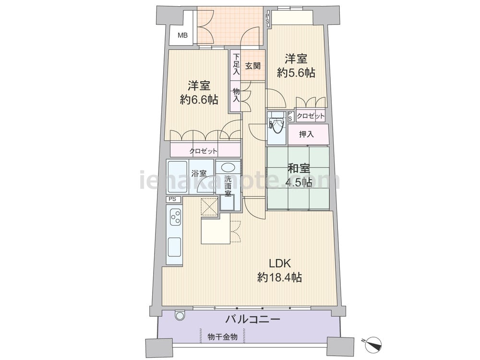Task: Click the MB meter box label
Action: click(x=183, y=36)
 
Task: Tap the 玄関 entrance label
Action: click(x=253, y=65)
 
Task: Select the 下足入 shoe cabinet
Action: click(x=236, y=65)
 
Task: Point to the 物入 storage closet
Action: click(x=236, y=96)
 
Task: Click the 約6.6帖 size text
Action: click(x=199, y=99)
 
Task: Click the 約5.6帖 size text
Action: click(x=296, y=73)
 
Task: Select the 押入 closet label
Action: click(x=306, y=134)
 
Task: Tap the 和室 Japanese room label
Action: click(x=299, y=168)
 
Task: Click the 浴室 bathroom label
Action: click(x=199, y=173)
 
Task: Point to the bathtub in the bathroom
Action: click(x=178, y=177)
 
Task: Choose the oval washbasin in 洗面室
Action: click(x=228, y=168)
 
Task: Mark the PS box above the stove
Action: click(x=173, y=199)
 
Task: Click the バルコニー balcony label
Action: click(x=253, y=320)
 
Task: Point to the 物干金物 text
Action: click(x=223, y=337)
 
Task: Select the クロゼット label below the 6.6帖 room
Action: click(x=203, y=151)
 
